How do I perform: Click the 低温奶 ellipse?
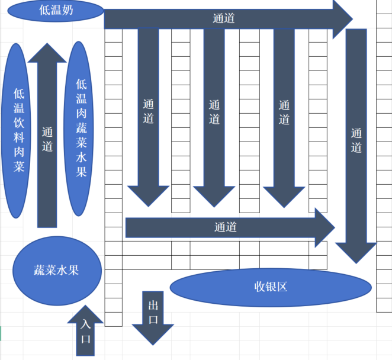[x=56, y=10]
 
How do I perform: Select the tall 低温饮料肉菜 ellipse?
[x=18, y=130]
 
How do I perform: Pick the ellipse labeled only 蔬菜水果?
[x=57, y=271]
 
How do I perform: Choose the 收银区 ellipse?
[x=270, y=287]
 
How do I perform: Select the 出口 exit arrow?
[x=153, y=320]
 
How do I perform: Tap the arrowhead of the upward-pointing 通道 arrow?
[x=47, y=53]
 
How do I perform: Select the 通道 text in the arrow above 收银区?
[x=226, y=227]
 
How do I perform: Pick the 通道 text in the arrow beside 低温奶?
[x=224, y=18]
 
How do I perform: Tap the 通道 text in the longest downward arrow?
[x=356, y=140]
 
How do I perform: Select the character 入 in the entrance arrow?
[x=86, y=324]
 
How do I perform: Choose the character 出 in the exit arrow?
[x=153, y=306]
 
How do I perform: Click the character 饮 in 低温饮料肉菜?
[x=18, y=122]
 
